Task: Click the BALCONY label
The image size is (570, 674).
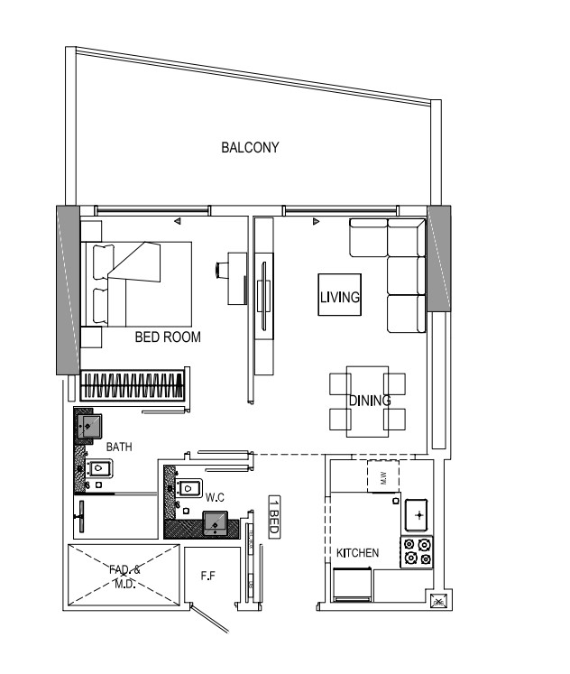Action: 250,147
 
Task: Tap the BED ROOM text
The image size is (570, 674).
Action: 168,337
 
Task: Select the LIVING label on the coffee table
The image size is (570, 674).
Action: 340,297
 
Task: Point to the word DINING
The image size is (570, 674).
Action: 370,401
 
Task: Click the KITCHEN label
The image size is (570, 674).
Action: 357,553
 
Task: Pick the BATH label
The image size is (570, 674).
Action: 119,447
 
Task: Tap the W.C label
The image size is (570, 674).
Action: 215,497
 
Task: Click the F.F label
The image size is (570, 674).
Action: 208,576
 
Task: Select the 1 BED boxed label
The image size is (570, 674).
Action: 274,517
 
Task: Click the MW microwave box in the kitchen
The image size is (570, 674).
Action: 383,476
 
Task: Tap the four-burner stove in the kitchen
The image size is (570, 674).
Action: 417,552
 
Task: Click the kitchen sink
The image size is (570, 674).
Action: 416,514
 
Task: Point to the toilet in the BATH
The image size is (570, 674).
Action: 99,468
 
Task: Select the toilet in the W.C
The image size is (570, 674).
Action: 188,488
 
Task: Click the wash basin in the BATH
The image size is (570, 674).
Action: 89,427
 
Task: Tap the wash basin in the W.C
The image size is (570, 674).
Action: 216,523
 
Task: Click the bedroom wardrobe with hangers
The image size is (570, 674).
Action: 133,385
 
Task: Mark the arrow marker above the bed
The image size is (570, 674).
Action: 177,221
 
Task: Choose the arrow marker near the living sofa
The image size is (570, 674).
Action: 317,221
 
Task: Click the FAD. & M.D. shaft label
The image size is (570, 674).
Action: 124,577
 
